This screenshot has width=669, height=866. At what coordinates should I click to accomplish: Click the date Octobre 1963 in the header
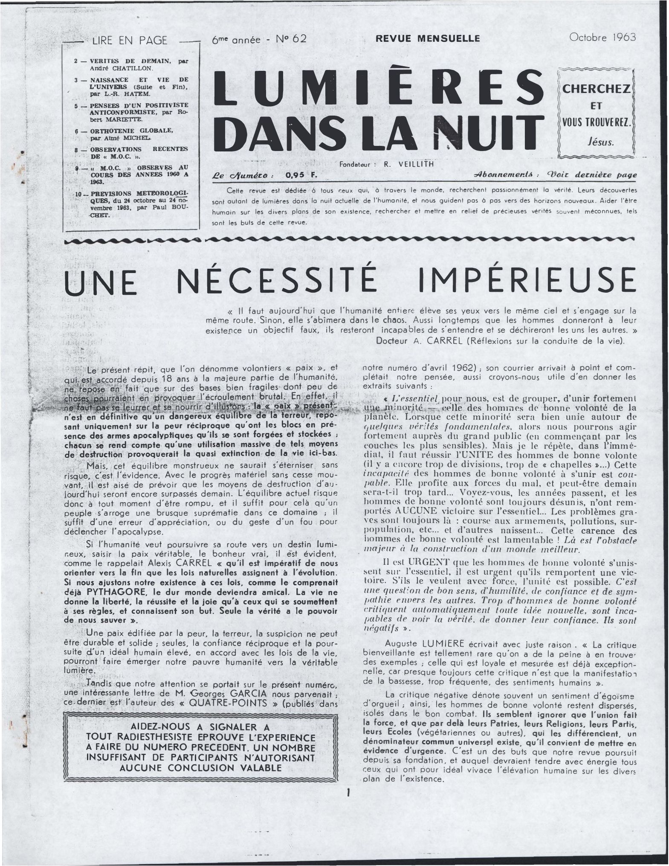[602, 37]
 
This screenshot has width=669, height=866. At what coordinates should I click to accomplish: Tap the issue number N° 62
[291, 39]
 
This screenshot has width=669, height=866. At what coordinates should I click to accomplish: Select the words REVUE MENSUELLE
[427, 39]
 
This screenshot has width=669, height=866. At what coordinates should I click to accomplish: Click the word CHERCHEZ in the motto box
[596, 89]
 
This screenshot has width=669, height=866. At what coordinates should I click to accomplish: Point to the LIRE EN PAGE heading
[130, 41]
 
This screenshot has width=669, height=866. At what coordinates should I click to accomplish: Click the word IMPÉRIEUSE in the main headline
[527, 281]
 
